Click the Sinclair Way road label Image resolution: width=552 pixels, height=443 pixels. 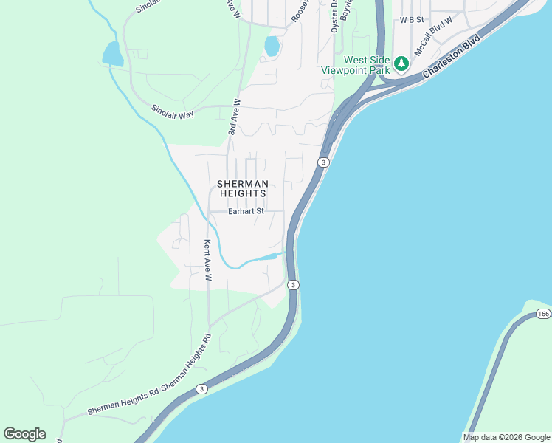tap(173, 111)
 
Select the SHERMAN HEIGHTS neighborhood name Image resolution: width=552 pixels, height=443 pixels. tap(241, 188)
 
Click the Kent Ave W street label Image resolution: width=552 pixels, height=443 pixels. tap(207, 261)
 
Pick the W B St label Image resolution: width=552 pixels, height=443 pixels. tap(413, 20)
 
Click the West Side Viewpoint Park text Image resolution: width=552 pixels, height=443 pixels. tap(355, 65)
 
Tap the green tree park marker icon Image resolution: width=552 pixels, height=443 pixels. tap(401, 63)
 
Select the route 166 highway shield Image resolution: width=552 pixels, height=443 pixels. tap(544, 314)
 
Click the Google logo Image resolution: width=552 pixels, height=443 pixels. tap(24, 434)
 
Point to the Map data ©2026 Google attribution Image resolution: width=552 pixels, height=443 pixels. tap(506, 437)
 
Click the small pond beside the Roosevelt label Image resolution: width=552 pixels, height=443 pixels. tap(272, 46)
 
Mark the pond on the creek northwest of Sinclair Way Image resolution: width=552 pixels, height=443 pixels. tap(112, 54)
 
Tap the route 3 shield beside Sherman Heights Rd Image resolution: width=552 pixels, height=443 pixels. tap(201, 388)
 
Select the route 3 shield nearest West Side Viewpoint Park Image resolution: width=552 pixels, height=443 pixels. tap(322, 162)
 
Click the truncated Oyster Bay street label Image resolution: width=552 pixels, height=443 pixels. tap(334, 15)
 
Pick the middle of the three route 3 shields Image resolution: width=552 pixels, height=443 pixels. tap(293, 285)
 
